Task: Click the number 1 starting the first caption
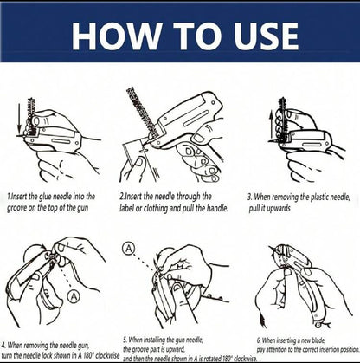tap(8, 197)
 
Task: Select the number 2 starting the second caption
tap(122, 197)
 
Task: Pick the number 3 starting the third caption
tap(248, 197)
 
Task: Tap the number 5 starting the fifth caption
tap(125, 340)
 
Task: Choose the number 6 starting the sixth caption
tap(257, 340)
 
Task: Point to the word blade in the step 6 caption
tap(341, 340)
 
